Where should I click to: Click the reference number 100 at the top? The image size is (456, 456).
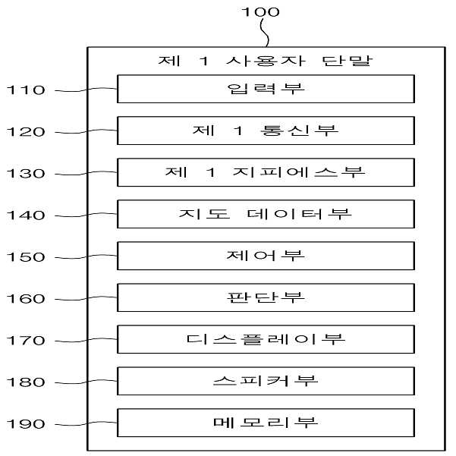click(260, 12)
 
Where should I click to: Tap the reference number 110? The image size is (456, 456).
click(26, 90)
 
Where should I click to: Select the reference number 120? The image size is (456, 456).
click(26, 132)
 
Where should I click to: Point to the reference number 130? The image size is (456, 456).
click(26, 173)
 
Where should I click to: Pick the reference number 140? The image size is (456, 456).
click(26, 215)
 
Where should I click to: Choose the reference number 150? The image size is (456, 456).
click(26, 256)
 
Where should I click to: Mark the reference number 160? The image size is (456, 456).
click(26, 299)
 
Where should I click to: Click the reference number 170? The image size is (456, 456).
click(26, 340)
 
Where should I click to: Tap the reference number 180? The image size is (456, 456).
click(26, 382)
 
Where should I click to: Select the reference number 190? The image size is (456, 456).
click(26, 423)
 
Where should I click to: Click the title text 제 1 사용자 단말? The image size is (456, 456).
click(266, 61)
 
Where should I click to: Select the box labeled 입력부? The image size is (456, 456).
click(266, 89)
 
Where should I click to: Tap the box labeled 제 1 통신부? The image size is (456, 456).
click(266, 131)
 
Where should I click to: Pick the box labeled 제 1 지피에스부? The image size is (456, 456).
click(266, 172)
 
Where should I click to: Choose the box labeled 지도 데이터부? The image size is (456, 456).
click(266, 214)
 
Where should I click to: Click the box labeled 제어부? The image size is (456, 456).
click(266, 256)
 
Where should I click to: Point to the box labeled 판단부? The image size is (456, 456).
click(266, 297)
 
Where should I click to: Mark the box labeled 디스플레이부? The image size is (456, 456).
click(266, 339)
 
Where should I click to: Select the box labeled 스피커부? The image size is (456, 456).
click(266, 381)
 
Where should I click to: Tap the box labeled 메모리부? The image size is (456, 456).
click(266, 423)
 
